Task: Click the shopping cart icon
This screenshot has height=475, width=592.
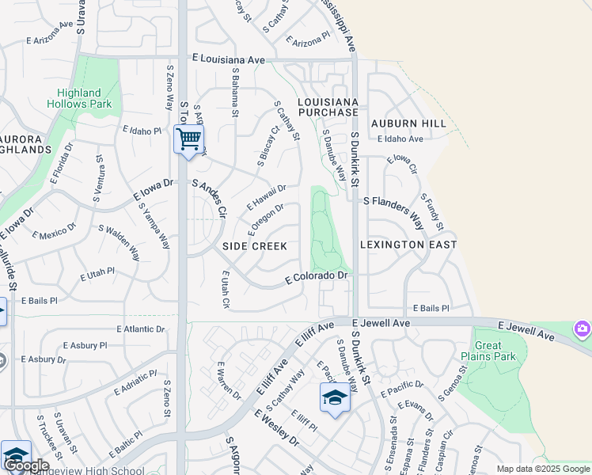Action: pos(188,140)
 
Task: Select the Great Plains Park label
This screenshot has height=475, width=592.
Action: pos(495,351)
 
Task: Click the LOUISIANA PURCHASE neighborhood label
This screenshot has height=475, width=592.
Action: pos(328,108)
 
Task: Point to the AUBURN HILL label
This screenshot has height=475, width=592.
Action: pos(409,124)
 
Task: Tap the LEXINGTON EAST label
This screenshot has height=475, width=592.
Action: pos(408,245)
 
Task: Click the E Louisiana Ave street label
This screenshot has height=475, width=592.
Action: pos(229,59)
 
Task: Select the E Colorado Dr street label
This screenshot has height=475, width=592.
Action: pos(317,276)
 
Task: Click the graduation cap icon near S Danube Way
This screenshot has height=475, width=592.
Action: pos(335,398)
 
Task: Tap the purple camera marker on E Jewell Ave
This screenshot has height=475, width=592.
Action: pos(583,328)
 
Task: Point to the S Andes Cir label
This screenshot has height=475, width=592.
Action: pos(210,198)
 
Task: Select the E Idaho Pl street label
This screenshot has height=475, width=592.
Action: pos(142,131)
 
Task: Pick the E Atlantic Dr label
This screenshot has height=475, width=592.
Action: pos(141,329)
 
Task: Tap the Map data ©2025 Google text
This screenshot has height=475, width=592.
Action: pos(542,469)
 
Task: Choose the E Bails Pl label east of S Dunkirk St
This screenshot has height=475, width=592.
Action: pos(431,308)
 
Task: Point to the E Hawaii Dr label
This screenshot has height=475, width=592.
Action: pos(267,195)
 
